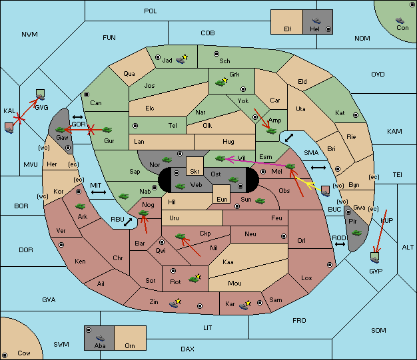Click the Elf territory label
[x=288, y=29]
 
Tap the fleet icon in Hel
[x=316, y=21]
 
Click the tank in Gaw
[x=61, y=130]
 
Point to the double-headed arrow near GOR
[x=78, y=117]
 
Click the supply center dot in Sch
[x=216, y=54]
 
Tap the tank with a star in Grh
[x=222, y=82]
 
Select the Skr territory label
[x=195, y=172]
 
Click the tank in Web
[x=180, y=186]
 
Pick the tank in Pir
[x=356, y=233]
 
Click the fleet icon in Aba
[x=101, y=337]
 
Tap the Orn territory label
[x=130, y=345]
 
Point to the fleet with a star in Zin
[x=175, y=303]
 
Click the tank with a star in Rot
[x=195, y=278]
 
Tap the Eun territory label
[x=222, y=199]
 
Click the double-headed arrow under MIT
[x=99, y=192]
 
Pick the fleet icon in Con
[x=400, y=21]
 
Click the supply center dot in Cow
[x=5, y=355]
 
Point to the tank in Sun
[x=260, y=201]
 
